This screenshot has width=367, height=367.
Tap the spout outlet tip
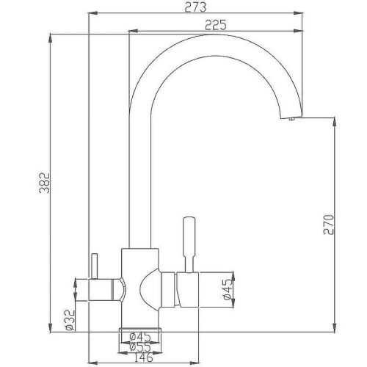[289, 120]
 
